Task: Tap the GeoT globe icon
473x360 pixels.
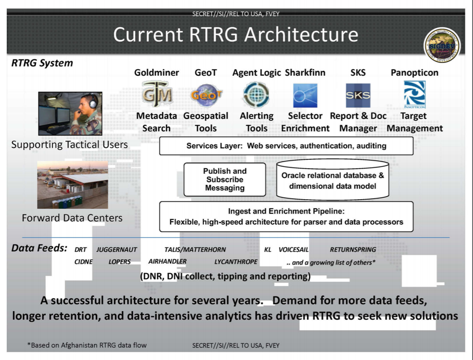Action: click(206, 95)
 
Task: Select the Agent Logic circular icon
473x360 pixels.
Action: click(256, 95)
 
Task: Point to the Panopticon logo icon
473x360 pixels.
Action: click(414, 95)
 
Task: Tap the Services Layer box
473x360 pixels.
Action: click(286, 146)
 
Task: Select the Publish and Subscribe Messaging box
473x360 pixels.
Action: click(225, 180)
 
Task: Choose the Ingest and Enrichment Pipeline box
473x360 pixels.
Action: click(286, 217)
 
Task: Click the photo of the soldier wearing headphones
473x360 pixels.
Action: click(70, 114)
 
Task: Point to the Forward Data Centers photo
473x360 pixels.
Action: click(73, 185)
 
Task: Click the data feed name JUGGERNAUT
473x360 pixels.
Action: click(117, 249)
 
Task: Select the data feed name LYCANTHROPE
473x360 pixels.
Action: click(236, 261)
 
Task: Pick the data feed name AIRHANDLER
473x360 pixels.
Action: click(168, 261)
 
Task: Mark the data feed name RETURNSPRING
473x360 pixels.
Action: click(353, 249)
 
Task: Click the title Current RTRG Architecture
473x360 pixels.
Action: click(236, 35)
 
